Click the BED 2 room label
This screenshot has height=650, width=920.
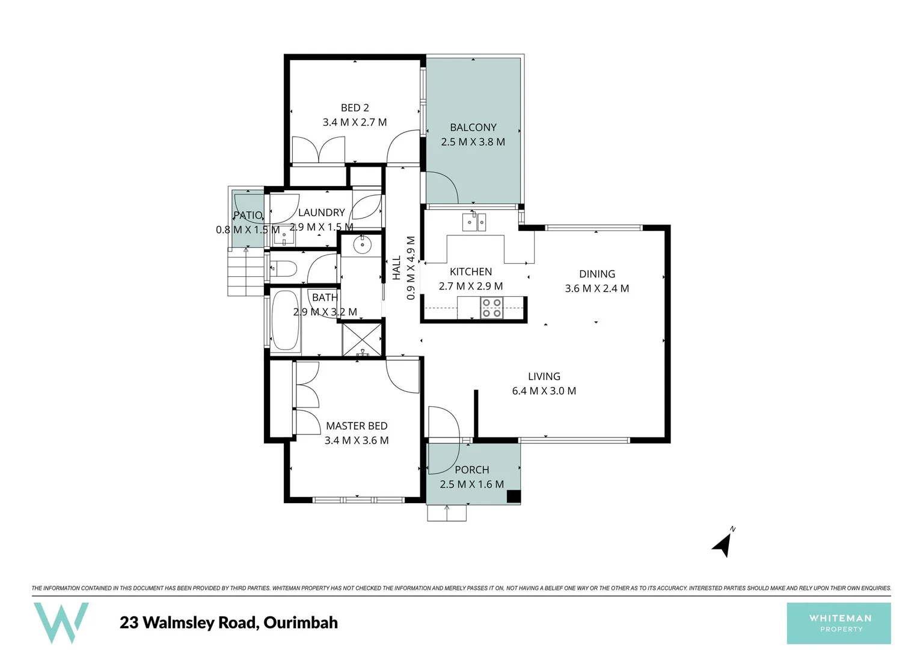[355, 108]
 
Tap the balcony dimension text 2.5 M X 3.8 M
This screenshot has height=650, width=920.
[473, 142]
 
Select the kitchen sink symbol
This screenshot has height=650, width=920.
[474, 222]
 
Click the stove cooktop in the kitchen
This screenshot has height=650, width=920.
[491, 308]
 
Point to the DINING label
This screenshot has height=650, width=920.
[596, 274]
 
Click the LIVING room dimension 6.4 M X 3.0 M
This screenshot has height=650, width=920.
[544, 391]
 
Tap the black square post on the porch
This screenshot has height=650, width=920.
[513, 497]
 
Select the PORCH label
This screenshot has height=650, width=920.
[471, 469]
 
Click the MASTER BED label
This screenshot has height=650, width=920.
[357, 426]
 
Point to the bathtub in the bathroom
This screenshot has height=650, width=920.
[285, 321]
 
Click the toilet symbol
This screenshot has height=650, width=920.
[283, 268]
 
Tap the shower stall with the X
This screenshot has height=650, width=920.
[361, 339]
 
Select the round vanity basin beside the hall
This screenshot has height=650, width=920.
[362, 244]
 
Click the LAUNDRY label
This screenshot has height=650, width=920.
[321, 212]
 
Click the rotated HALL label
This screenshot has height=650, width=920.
[397, 268]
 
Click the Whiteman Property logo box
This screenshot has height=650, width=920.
[839, 623]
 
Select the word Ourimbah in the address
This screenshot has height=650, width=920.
[301, 622]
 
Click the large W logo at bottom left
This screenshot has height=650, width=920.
[61, 622]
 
